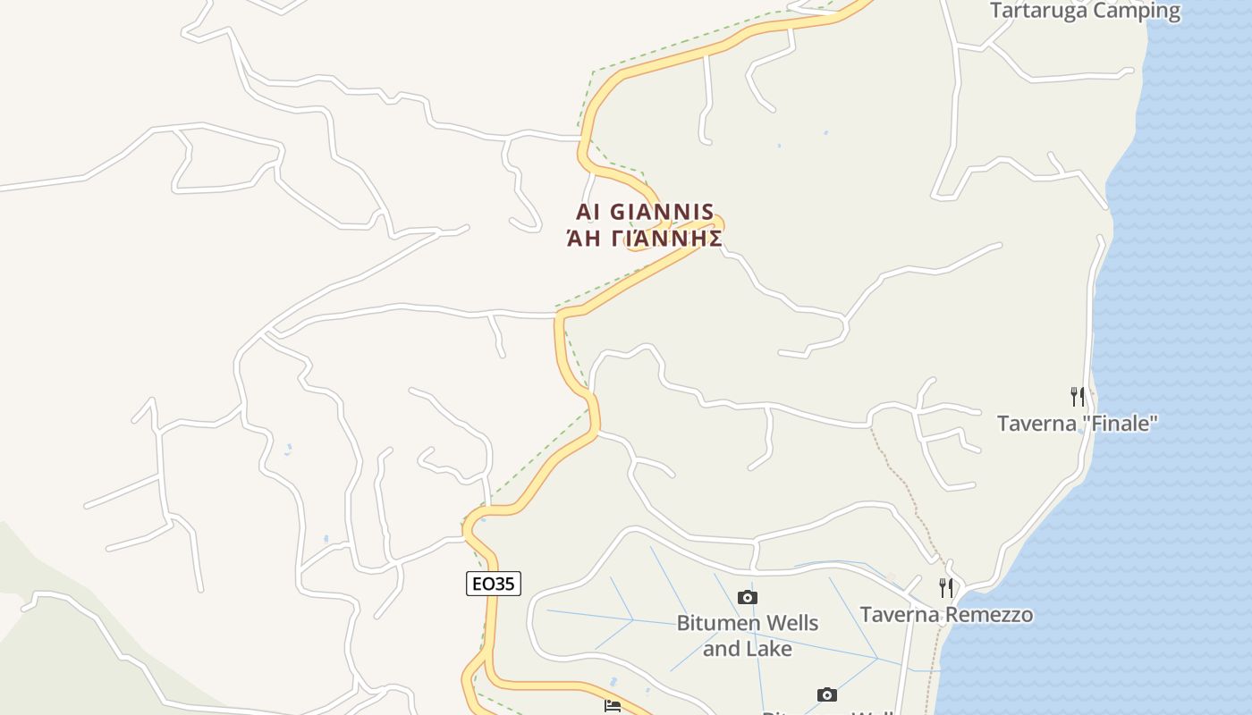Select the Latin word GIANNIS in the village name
click(663, 212)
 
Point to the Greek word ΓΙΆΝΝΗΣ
click(666, 238)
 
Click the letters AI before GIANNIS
click(587, 212)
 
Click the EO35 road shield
click(493, 584)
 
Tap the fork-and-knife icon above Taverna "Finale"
click(1078, 396)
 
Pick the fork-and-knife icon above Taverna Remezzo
click(946, 587)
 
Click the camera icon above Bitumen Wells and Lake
click(748, 597)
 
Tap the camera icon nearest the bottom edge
click(827, 694)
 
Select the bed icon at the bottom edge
click(613, 707)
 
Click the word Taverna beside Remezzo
click(900, 614)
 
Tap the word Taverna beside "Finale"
click(1036, 423)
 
